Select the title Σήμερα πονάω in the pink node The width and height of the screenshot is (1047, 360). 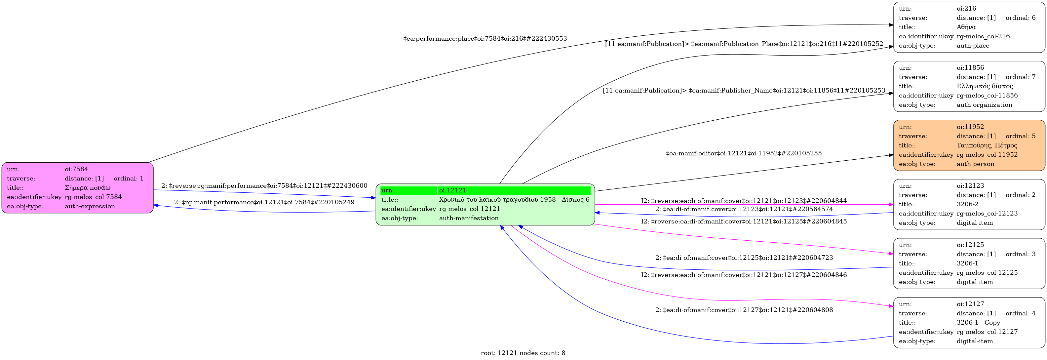coord(87,188)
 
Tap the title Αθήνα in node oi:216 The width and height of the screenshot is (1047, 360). coord(966,27)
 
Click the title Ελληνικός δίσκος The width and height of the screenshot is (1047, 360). coord(985,86)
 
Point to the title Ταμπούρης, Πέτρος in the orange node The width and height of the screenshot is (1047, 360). coord(987,145)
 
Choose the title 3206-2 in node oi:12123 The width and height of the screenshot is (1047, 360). coord(967,204)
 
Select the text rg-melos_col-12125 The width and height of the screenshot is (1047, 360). coord(987,273)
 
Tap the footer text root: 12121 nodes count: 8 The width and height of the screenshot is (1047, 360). coord(523,353)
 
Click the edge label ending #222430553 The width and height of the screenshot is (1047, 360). coord(485,39)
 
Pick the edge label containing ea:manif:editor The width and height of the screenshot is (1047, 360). coord(743,153)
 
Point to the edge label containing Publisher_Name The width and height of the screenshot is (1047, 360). coord(743,90)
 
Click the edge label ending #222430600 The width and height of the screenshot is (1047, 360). coord(264,186)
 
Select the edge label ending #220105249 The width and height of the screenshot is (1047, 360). coord(264,202)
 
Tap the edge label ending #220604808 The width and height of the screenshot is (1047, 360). coord(744,310)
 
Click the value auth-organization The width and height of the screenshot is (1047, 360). coord(984,105)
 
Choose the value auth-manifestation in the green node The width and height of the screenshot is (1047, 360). coord(469,218)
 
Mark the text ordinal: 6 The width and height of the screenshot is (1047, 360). coord(1020,18)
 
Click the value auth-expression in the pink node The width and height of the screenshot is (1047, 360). coord(90,206)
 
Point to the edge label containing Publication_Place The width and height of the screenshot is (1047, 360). coord(744,44)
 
